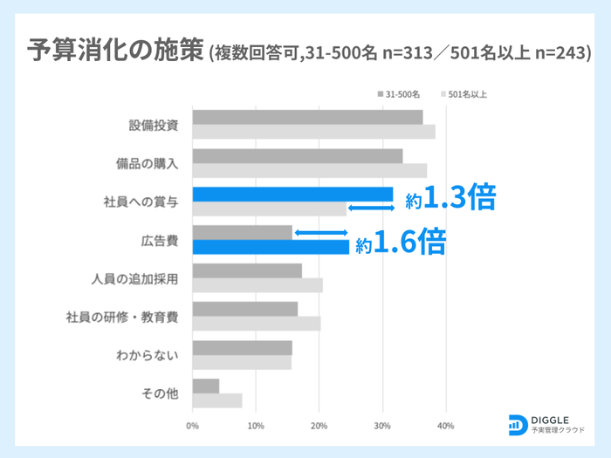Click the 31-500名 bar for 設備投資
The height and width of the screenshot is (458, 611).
tap(307, 117)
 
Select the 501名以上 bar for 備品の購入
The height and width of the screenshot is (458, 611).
tap(309, 170)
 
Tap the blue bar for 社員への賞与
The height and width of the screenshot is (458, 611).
tap(292, 195)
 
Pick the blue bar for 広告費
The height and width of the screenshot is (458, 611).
tap(271, 247)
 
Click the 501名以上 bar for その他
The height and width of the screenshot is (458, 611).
tap(216, 400)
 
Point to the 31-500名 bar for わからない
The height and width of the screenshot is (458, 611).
tap(242, 347)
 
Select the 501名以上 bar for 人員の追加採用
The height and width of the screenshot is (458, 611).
tap(257, 285)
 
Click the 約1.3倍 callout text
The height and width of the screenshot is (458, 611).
tap(450, 199)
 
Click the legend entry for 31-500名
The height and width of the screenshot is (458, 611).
tap(402, 93)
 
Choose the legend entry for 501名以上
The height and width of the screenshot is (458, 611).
tap(467, 93)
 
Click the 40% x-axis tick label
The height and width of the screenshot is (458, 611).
tap(445, 427)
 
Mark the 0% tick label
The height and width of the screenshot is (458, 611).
tap(192, 427)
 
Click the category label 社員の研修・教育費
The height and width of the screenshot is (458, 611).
tap(122, 316)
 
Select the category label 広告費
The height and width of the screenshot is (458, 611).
tap(160, 239)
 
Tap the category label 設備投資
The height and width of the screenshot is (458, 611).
tap(154, 124)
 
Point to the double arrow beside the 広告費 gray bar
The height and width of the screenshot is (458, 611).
tap(321, 232)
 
